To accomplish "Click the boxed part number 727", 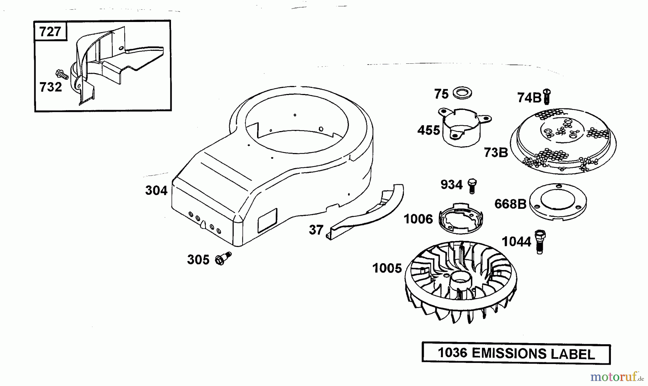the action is (50, 32).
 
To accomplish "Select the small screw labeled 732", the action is (62, 75).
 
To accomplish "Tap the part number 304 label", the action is (157, 190).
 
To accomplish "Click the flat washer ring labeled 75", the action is (463, 93).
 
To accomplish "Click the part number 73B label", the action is (496, 153).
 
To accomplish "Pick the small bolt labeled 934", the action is (472, 186).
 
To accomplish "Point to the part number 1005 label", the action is (387, 268).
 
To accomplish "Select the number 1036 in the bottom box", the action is (453, 353).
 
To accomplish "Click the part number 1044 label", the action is (517, 242).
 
